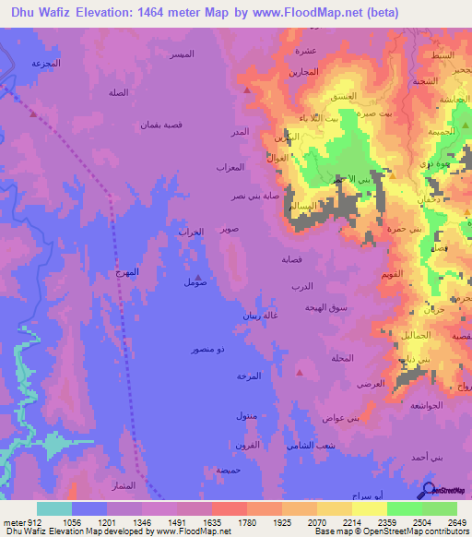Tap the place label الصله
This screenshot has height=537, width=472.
118,93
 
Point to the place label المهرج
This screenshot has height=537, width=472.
130,272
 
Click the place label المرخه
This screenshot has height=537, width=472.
249,376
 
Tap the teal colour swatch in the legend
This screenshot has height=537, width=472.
54,508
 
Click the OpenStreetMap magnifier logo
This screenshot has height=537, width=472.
428,490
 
